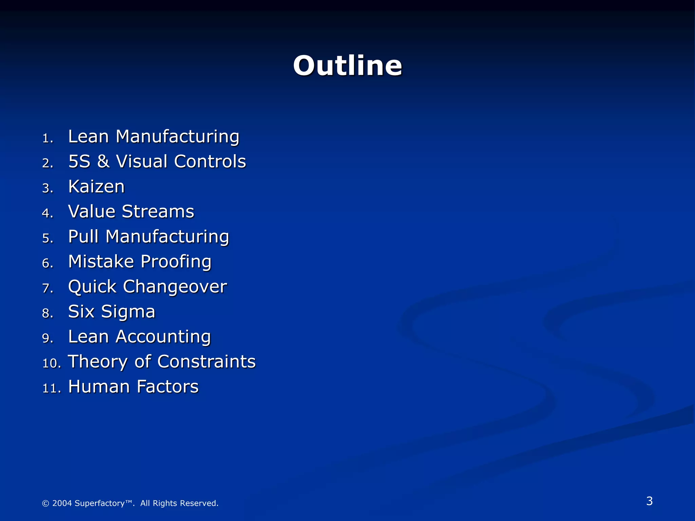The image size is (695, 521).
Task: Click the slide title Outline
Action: (x=347, y=65)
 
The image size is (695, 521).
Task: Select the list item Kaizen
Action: (x=96, y=187)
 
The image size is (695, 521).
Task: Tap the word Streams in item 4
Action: (x=158, y=212)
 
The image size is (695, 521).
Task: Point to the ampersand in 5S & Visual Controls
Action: (x=103, y=161)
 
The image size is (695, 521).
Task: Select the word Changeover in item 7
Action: (x=175, y=287)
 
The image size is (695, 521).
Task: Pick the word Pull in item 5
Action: (x=83, y=236)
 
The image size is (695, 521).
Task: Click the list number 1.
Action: (x=48, y=138)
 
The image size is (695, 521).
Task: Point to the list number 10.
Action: (x=51, y=363)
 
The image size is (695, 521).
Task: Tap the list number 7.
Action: (x=48, y=288)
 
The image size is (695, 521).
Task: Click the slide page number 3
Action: (x=649, y=501)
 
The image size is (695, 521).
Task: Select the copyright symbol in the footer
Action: (x=45, y=503)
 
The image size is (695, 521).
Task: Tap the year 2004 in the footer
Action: (x=62, y=503)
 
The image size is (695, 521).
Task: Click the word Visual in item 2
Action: (x=141, y=161)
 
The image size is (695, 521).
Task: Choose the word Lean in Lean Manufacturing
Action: (x=88, y=137)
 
